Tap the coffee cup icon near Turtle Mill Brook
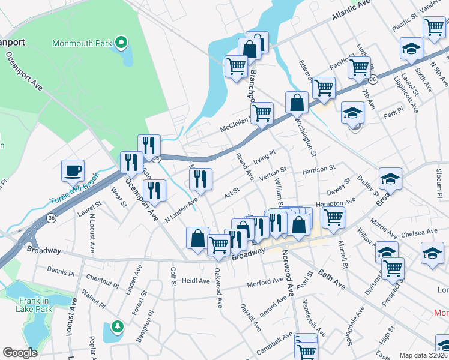pos(73,171)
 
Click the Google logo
pos(20,353)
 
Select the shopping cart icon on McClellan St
pos(262,113)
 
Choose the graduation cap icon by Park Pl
pos(353,112)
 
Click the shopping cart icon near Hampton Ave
pos(333,217)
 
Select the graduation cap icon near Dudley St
pos(390,179)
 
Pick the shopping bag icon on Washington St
pos(297,103)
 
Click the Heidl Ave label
pos(196,281)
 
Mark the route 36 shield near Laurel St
pos(52,218)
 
